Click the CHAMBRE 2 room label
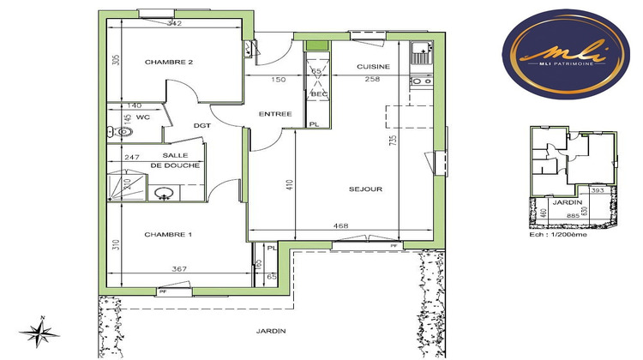[x=168, y=62]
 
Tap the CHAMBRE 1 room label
[x=168, y=234]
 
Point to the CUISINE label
[x=374, y=66]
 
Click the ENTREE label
[x=275, y=114]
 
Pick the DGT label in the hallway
[x=201, y=125]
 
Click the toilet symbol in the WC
[x=119, y=132]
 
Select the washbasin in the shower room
[x=164, y=193]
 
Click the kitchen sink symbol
[x=421, y=55]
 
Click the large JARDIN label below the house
[x=271, y=331]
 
